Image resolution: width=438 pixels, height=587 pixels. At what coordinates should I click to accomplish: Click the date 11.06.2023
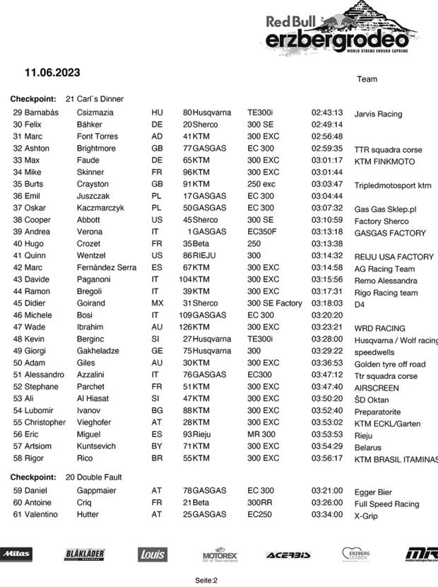52,72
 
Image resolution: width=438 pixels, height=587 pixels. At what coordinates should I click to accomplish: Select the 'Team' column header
367,79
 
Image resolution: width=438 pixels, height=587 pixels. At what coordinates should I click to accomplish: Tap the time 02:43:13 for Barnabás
327,112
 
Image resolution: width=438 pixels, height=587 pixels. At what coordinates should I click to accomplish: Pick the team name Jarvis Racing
378,114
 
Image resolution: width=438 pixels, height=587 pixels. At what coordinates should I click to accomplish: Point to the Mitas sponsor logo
16,554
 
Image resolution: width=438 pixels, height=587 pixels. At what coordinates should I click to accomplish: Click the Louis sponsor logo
152,554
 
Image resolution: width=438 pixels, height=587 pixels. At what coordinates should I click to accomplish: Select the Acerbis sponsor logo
288,554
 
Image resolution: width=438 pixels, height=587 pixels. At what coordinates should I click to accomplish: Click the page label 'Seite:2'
206,580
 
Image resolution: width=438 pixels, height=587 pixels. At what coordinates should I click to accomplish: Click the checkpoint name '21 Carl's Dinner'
95,99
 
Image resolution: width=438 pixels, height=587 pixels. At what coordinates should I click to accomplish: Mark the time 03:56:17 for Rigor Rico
327,458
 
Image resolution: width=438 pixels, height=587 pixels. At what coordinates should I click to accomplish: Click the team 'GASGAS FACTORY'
390,233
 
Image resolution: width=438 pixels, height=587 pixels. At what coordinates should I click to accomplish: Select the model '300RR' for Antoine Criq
259,502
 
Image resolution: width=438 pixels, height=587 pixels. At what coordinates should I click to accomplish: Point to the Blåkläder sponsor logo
85,554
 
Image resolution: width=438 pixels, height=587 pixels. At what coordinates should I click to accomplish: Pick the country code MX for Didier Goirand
157,303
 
